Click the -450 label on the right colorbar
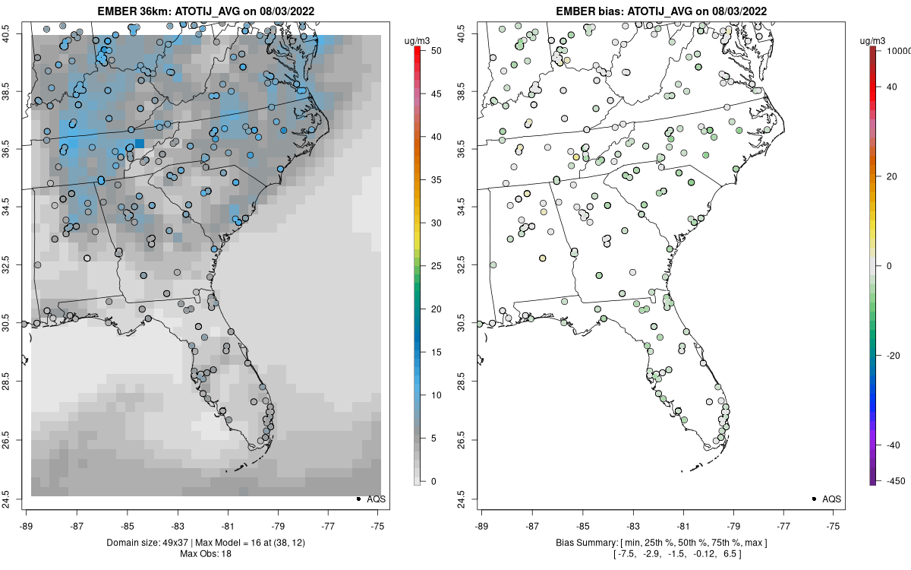tap(893, 480)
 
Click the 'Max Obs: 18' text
tap(205, 553)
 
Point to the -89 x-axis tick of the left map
tap(27, 524)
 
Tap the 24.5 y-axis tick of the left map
tap(17, 499)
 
